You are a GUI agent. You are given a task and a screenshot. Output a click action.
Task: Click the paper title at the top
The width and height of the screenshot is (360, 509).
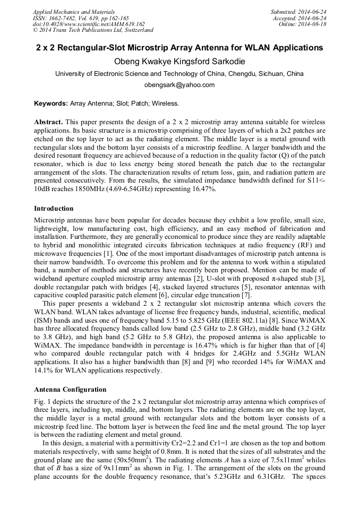(x=179, y=48)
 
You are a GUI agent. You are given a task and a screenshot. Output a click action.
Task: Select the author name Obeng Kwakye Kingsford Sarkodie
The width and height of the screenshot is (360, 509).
(x=179, y=61)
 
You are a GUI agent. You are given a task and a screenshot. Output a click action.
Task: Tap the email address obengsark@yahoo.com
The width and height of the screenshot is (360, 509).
(x=179, y=85)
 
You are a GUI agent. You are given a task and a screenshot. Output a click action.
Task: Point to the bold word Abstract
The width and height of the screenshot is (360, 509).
(x=49, y=122)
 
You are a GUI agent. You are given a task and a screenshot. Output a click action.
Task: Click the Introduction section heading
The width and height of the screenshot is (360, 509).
(x=54, y=209)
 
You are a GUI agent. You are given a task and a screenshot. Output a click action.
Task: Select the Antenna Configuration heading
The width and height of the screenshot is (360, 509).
(x=70, y=390)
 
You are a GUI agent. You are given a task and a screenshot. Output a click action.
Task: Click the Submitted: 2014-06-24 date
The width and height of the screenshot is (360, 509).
(x=299, y=11)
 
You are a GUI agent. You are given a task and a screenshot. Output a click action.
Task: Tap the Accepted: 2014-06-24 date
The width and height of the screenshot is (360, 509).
(x=300, y=18)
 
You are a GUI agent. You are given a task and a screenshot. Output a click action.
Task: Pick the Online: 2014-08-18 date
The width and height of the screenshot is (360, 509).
(x=303, y=24)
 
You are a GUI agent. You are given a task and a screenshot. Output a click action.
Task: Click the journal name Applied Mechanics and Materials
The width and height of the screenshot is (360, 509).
(x=74, y=11)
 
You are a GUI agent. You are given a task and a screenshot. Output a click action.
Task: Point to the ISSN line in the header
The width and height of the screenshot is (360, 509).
(x=81, y=18)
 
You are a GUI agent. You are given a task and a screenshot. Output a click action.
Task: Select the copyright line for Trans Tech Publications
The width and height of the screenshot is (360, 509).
(x=93, y=30)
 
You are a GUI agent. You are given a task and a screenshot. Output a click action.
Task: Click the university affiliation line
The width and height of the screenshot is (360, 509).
(x=179, y=74)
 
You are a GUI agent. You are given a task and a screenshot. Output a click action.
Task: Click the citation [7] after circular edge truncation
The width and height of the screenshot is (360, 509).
(x=245, y=296)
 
